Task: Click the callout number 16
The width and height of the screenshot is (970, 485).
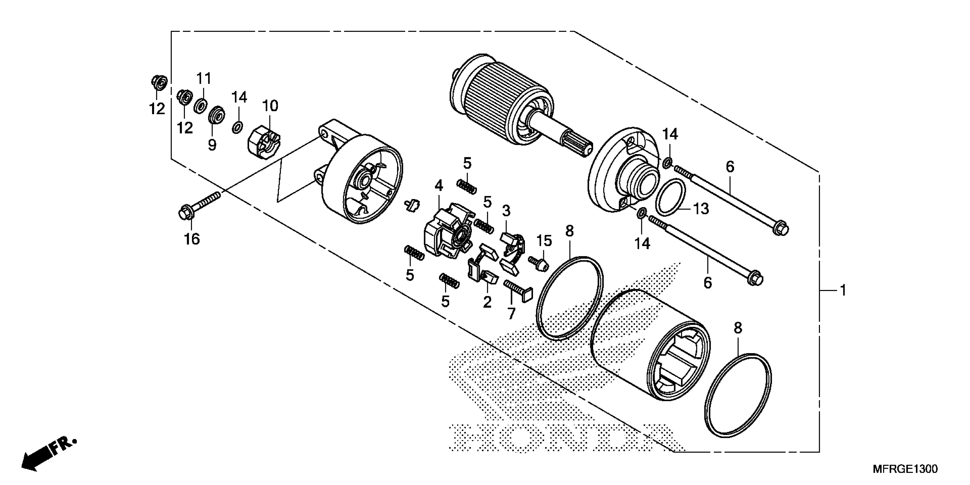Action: pos(192,239)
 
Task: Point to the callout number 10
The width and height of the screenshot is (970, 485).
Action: pos(270,106)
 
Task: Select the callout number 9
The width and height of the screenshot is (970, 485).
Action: pos(212,144)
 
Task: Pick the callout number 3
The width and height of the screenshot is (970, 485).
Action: pos(506,211)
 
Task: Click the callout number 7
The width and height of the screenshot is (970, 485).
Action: pos(511,313)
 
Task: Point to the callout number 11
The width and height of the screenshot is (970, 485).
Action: pos(204,79)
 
